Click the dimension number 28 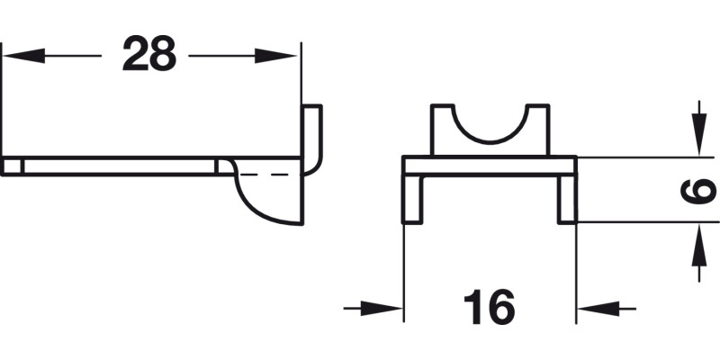pos(149,54)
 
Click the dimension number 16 pos(490,309)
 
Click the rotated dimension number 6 pos(700,190)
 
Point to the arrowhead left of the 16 pos(387,309)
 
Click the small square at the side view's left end pos(11,167)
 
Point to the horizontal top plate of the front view pos(489,166)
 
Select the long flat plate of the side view pos(117,167)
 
